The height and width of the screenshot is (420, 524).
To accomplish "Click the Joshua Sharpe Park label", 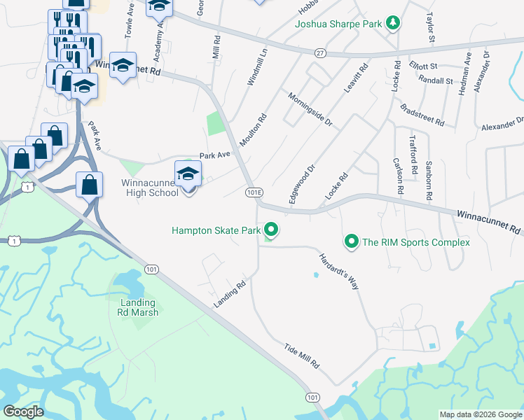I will pyautogui.click(x=338, y=24).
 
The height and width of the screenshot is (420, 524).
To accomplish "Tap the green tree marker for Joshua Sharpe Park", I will pyautogui.click(x=393, y=24).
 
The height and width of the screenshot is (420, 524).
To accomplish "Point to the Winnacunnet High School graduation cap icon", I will pyautogui.click(x=188, y=174).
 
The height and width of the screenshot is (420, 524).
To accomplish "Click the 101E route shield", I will pyautogui.click(x=254, y=192).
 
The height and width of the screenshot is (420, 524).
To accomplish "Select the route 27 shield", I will pyautogui.click(x=320, y=52).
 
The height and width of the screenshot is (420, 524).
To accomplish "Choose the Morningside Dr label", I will pyautogui.click(x=308, y=108).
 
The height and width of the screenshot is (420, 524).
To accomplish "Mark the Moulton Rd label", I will pyautogui.click(x=254, y=130).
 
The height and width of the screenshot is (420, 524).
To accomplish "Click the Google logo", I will pyautogui.click(x=23, y=412).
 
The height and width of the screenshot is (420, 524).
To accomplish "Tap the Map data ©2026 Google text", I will pyautogui.click(x=480, y=414).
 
